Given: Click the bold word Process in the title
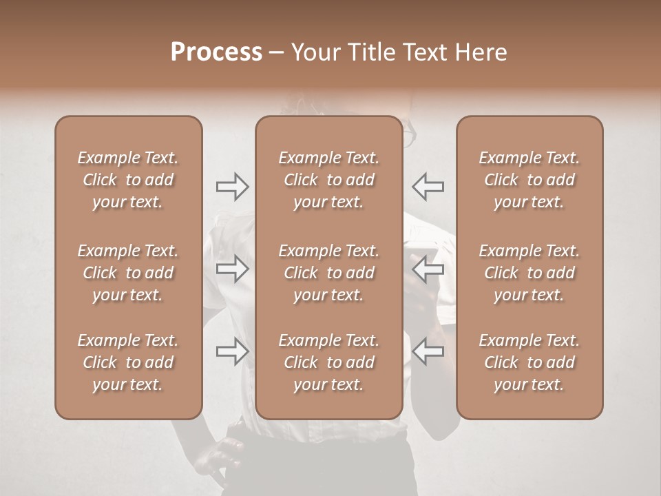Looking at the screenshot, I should point(216,52).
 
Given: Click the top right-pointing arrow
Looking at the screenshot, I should point(233,187).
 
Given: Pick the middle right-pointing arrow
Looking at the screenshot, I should point(233,269).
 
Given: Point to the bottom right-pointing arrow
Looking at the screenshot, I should point(233,351).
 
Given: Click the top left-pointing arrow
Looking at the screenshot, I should point(428,187).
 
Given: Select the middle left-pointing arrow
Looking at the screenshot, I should point(428,269).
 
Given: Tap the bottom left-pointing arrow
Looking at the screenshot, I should point(428,351).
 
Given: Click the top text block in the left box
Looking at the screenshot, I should point(128,180).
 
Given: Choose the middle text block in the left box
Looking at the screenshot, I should point(128,273).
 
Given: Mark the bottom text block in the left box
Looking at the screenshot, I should point(128,362).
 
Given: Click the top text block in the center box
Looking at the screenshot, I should point(328,180).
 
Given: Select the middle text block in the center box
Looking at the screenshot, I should point(328,273).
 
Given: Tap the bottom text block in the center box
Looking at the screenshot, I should point(328,362).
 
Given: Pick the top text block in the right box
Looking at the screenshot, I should point(529,180).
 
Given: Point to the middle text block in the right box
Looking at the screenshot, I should point(529,273).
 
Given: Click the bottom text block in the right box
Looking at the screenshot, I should point(529,362).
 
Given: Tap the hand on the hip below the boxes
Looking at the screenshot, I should point(224,455).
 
